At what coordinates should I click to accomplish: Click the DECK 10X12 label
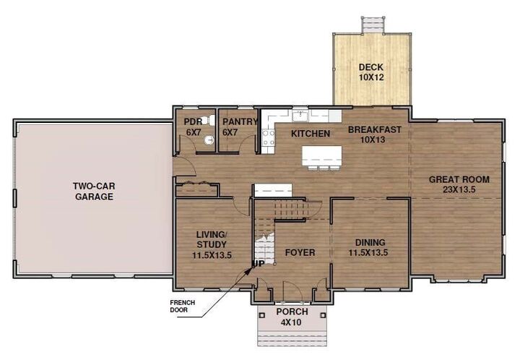tap(371, 72)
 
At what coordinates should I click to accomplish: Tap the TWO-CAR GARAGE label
tap(94, 191)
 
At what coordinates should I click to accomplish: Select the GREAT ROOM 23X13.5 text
tap(459, 184)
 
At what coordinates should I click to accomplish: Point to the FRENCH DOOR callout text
tap(183, 307)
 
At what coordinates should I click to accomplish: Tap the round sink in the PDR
tap(209, 140)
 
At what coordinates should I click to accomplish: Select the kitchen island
tap(321, 156)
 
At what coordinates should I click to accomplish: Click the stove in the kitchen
tap(268, 138)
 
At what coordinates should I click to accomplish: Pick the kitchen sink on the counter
tap(300, 116)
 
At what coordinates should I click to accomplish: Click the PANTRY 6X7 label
tap(240, 127)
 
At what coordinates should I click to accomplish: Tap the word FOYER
tap(300, 253)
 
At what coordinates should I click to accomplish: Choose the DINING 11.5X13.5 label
tap(368, 247)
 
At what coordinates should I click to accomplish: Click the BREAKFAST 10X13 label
tap(374, 134)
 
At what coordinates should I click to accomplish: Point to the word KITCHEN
tap(311, 134)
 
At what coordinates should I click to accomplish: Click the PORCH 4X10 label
tap(292, 317)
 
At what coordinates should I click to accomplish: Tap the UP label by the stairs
tap(259, 264)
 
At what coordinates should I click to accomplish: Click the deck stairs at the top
tap(373, 25)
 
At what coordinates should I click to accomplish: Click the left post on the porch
tap(262, 315)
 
